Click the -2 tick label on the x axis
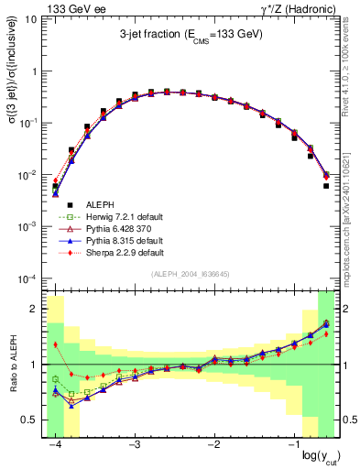coord(213,442)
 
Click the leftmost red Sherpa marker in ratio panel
coord(56,344)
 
